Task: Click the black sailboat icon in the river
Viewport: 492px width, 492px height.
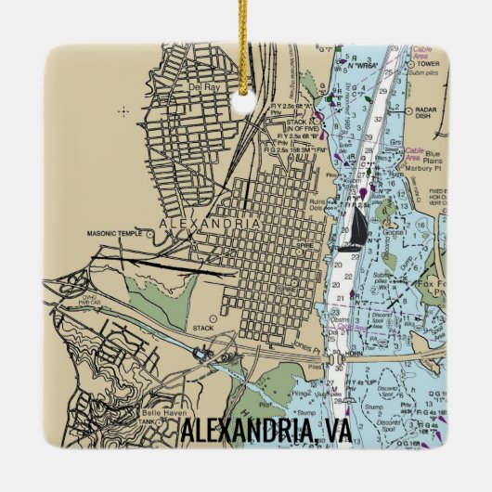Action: [356, 228]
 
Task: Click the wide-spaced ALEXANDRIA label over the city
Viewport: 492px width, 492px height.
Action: [196, 225]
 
